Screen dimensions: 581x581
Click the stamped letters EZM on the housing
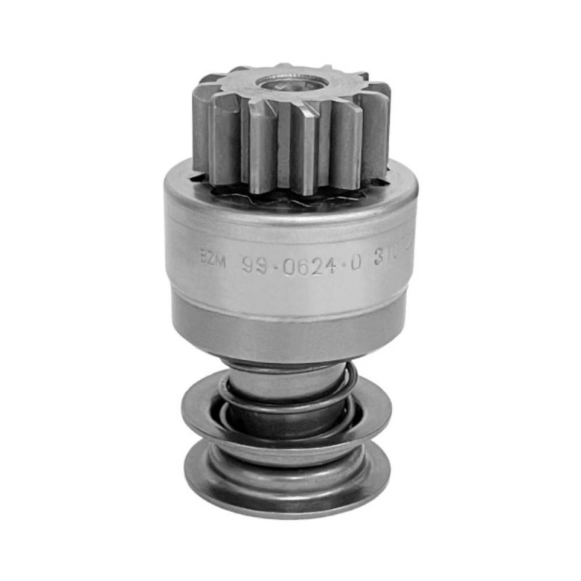point(213,256)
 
